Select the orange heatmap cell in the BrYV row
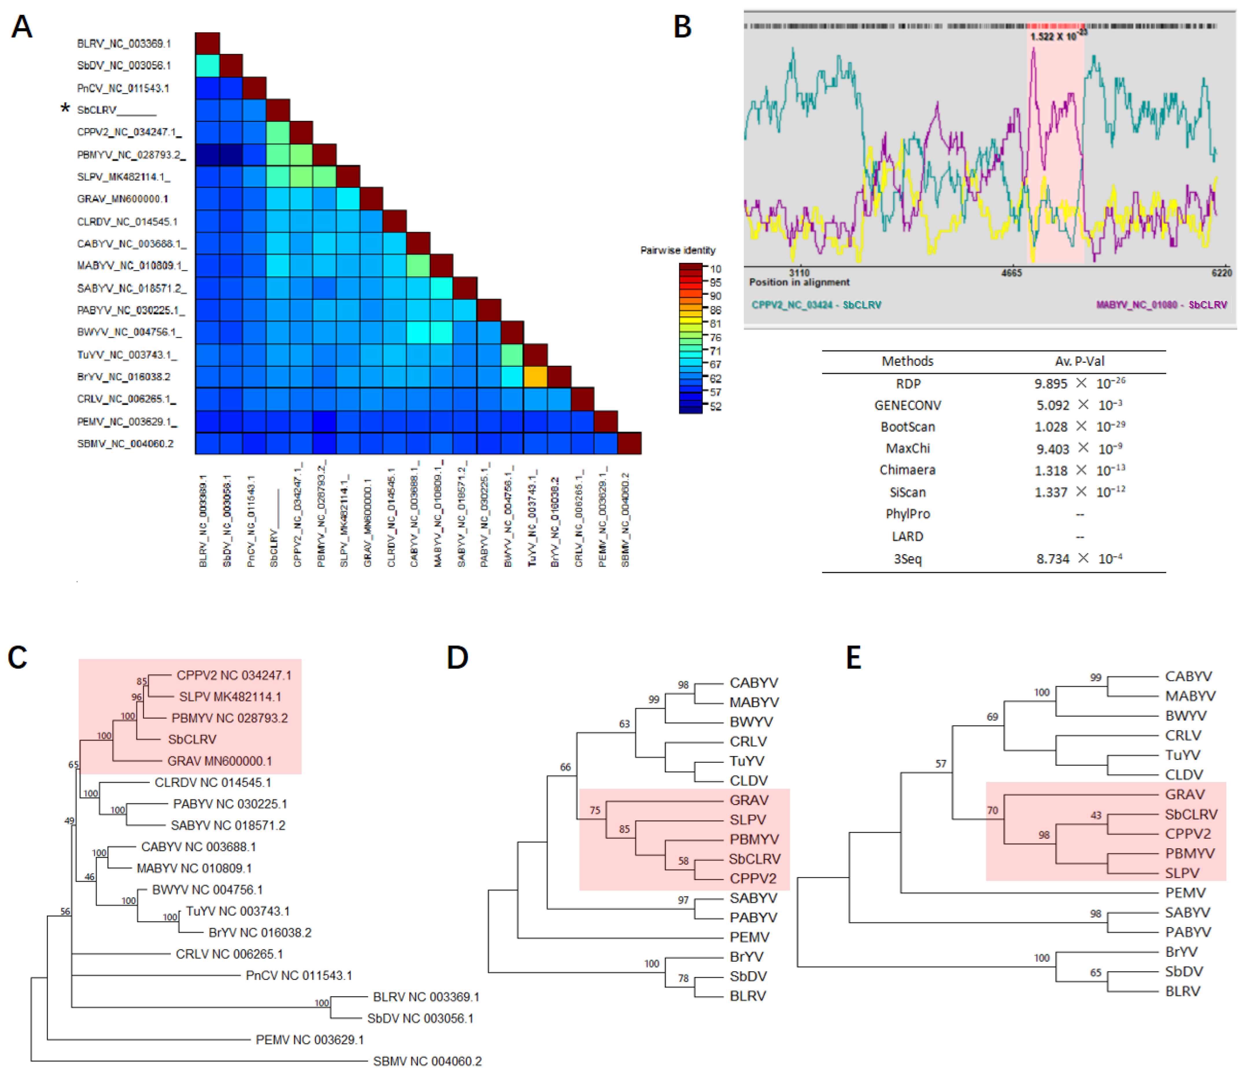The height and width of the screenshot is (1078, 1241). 535,376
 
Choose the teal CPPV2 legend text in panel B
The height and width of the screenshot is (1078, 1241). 816,305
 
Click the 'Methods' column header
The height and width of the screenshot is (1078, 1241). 907,361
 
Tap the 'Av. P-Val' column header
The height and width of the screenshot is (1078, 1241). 1079,361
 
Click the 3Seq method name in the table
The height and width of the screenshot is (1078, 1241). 907,559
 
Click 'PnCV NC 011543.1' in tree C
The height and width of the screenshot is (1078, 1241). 299,975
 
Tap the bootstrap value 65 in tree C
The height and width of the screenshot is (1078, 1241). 73,765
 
